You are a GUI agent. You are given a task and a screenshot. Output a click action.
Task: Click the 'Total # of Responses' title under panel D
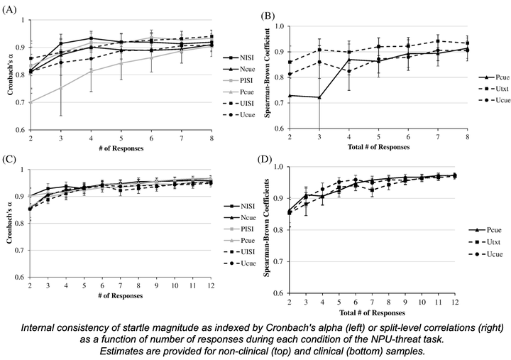pos(372,312)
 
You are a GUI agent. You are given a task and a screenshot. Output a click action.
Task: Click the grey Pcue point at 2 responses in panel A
pos(29,103)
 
